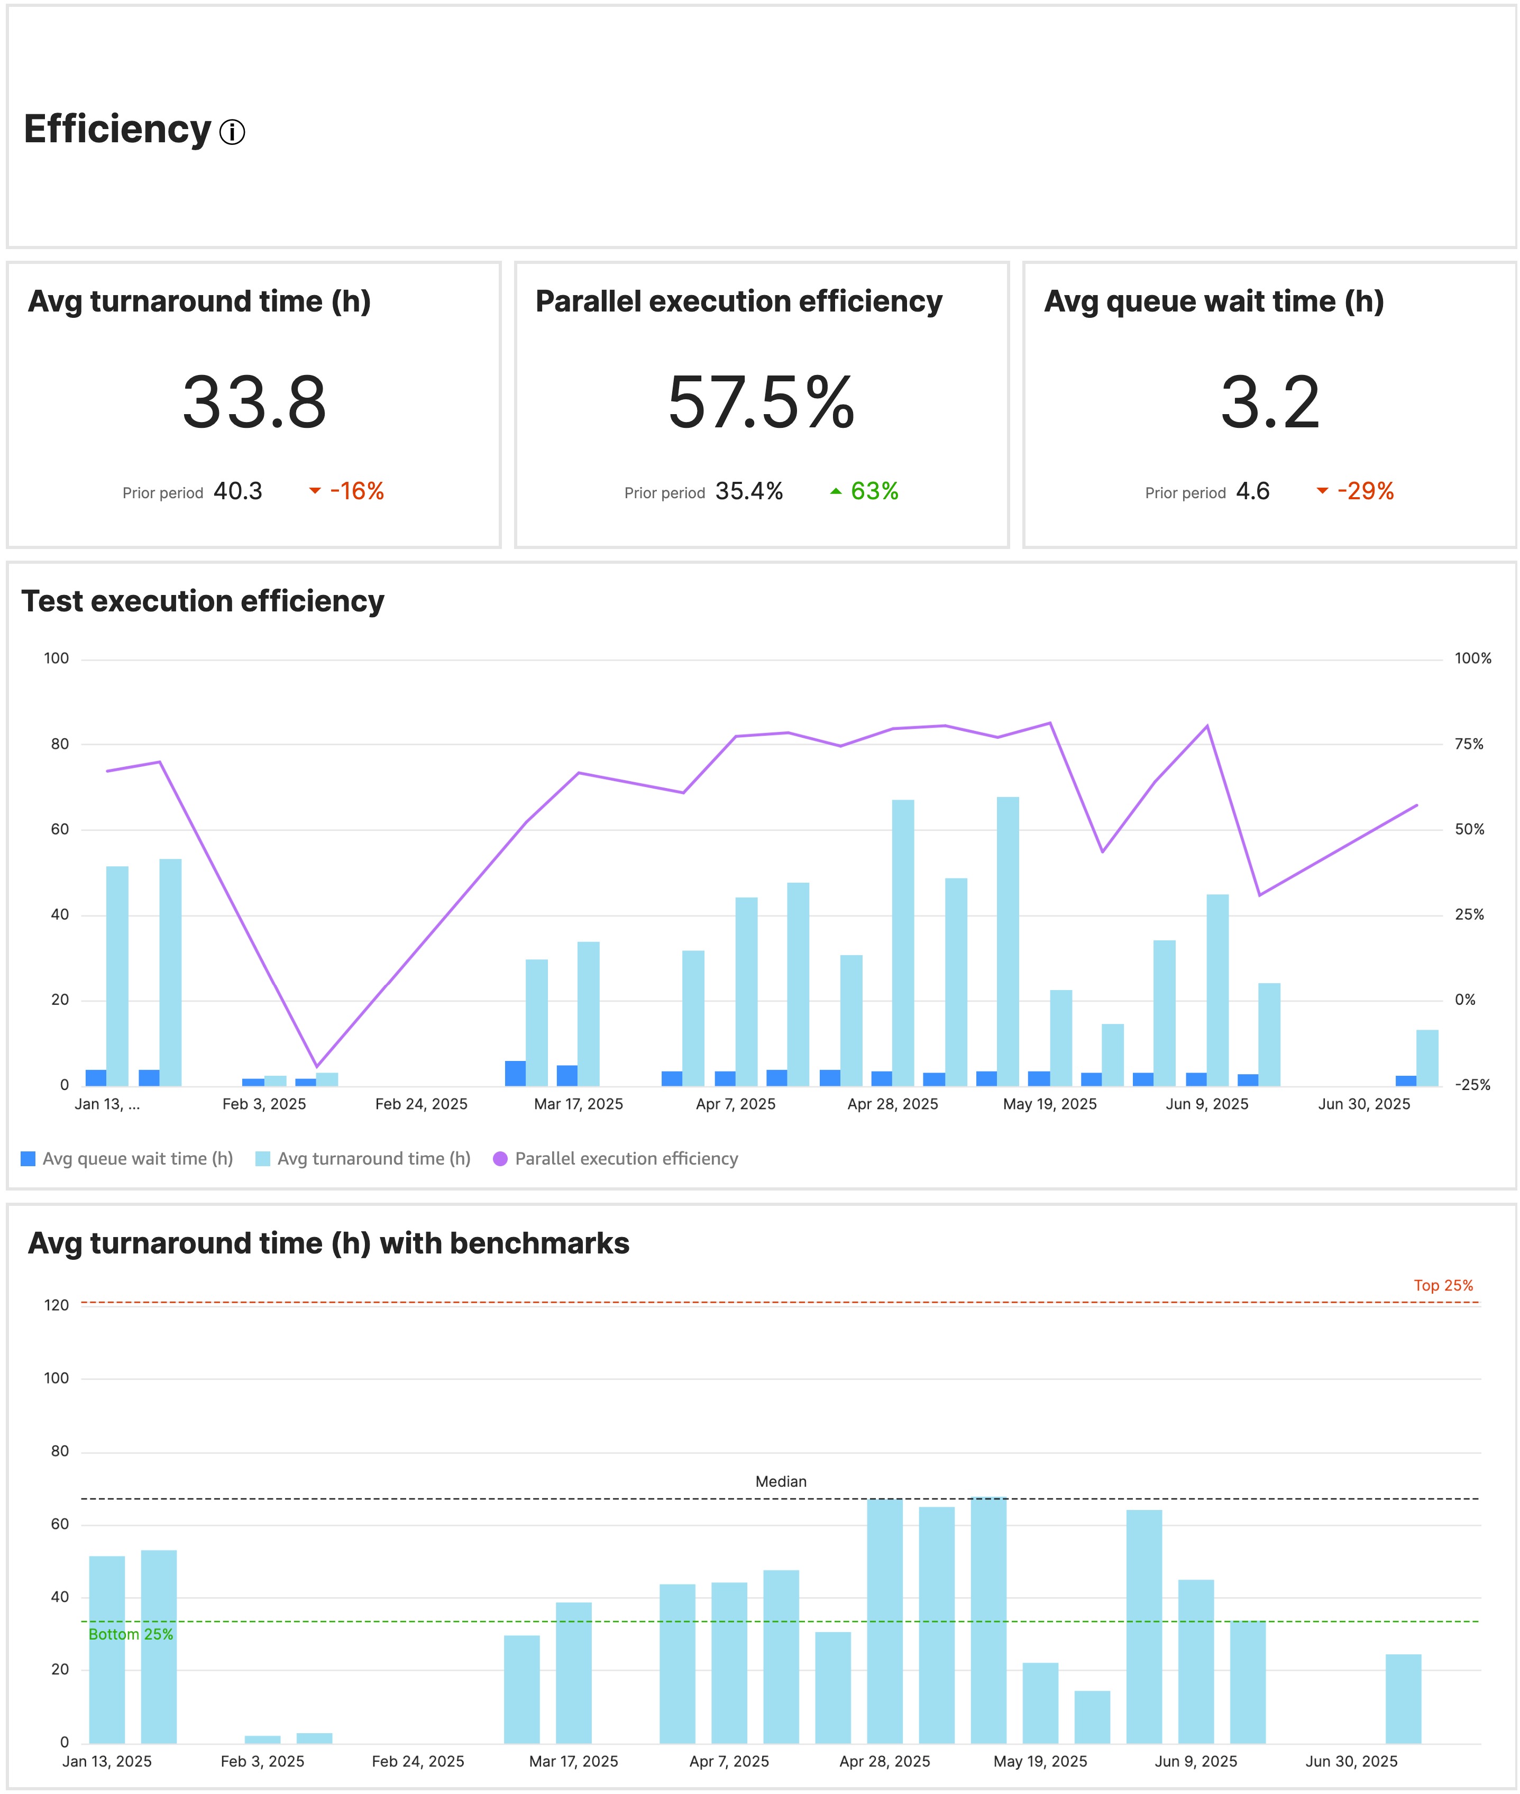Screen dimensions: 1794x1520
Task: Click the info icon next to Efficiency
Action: point(232,132)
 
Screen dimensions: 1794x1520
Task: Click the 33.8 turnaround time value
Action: point(254,402)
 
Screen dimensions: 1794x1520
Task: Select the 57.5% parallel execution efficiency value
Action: point(761,402)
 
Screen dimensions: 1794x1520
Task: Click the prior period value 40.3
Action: point(238,491)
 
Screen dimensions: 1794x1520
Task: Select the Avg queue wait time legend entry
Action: point(127,1159)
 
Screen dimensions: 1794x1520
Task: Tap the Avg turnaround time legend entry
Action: point(364,1159)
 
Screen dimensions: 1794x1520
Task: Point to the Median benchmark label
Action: point(781,1481)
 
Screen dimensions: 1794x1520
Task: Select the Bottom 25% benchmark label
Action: point(131,1634)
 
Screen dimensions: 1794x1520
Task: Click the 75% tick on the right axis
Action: point(1469,744)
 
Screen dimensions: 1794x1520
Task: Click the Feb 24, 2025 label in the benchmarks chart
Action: point(418,1761)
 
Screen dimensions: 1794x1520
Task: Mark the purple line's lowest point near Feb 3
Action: point(316,1066)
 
